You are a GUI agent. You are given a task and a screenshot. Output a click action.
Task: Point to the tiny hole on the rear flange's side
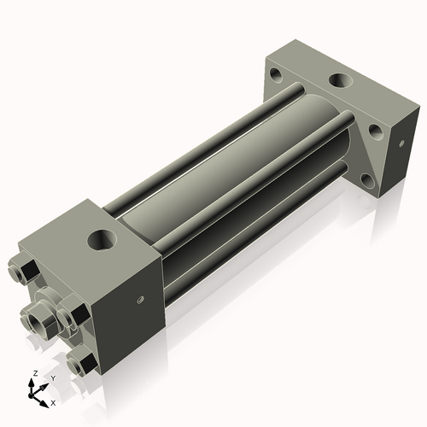pos(397,143)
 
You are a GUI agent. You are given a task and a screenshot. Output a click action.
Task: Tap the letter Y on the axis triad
pos(53,377)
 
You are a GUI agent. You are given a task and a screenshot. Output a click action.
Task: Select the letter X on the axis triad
pos(54,401)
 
